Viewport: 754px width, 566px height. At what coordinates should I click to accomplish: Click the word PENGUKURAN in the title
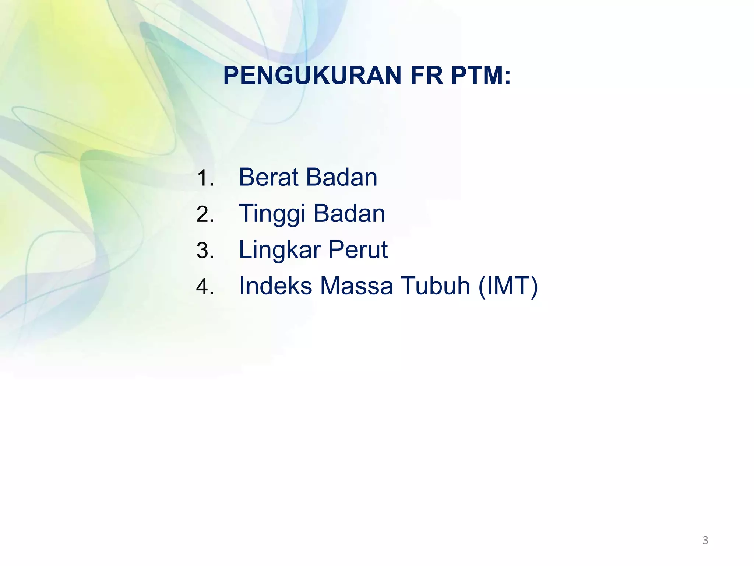pos(312,76)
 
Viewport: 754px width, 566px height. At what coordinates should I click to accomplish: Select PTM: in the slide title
pos(481,76)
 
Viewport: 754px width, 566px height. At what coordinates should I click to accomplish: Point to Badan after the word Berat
pos(342,177)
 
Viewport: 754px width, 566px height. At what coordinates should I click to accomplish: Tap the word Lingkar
pos(280,250)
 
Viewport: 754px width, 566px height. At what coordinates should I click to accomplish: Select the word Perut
pos(358,250)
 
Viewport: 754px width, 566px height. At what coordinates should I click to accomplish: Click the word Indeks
pos(276,286)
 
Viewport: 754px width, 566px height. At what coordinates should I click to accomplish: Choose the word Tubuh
pos(436,286)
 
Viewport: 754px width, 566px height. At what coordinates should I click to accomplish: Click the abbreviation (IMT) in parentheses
pos(508,286)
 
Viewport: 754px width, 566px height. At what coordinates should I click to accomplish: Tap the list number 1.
pos(205,178)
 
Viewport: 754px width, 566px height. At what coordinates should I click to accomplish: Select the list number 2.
pos(205,214)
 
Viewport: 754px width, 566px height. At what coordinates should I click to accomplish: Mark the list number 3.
pos(205,251)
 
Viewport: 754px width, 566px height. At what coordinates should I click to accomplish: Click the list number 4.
pos(205,287)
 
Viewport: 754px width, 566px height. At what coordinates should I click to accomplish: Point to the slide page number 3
pos(705,540)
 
